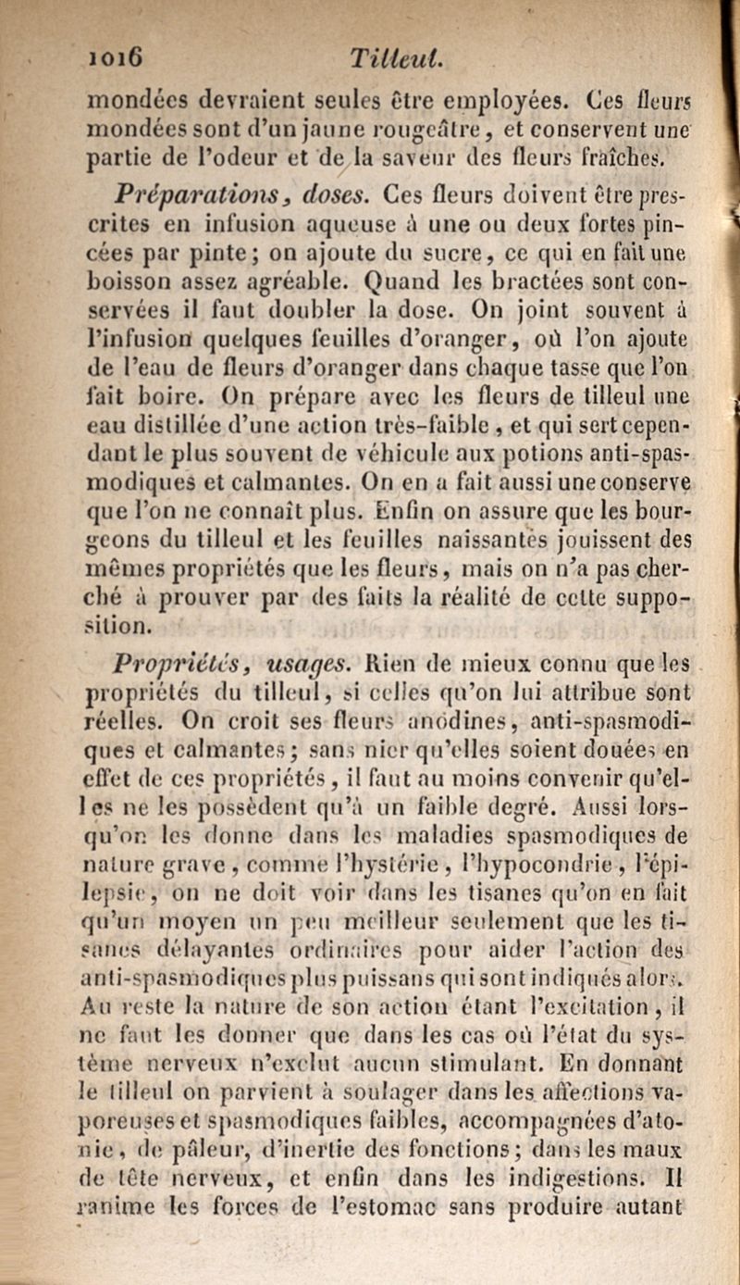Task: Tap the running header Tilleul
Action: pyautogui.click(x=382, y=61)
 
